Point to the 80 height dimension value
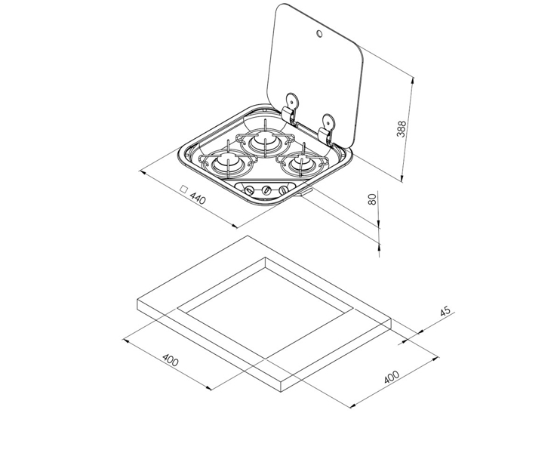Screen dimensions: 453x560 (371, 200)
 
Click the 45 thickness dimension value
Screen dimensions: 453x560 (445, 314)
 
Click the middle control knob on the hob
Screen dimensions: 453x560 (266, 190)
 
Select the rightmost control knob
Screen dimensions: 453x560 (283, 190)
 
